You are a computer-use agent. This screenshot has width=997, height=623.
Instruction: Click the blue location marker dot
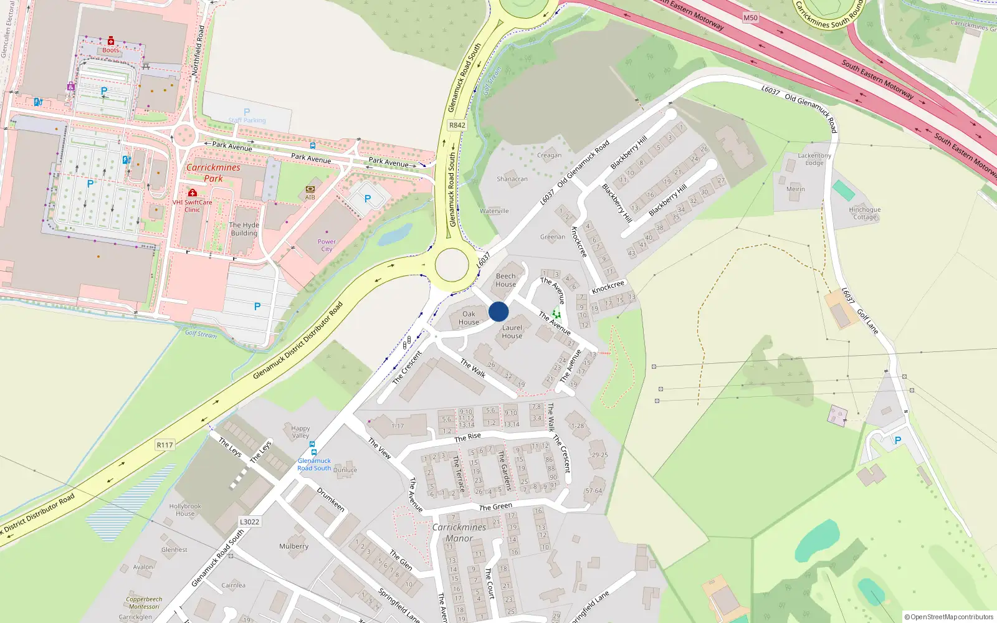[x=499, y=311]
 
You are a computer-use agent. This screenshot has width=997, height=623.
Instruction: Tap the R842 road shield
[x=457, y=125]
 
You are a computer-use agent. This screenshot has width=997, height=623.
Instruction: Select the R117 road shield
[x=165, y=445]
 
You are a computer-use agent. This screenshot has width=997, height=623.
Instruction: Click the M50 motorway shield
[x=750, y=17]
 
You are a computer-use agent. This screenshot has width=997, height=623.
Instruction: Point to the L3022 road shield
[x=249, y=522]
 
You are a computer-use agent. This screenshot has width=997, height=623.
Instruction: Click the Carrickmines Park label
[x=213, y=173]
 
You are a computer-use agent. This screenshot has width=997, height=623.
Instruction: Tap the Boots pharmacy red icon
[x=111, y=40]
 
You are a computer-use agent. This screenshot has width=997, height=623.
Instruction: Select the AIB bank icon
[x=310, y=189]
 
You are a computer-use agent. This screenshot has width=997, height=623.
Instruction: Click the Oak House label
[x=469, y=318]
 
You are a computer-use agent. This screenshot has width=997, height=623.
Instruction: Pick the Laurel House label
[x=512, y=332]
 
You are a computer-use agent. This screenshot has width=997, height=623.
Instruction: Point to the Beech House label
[x=506, y=280]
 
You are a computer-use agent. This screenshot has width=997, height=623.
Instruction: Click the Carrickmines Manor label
[x=459, y=533]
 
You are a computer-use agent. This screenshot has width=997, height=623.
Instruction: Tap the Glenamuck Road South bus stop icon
[x=313, y=452]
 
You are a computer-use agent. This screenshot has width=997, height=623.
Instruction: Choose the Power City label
[x=327, y=245]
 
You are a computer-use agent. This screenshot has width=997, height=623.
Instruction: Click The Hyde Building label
[x=244, y=229]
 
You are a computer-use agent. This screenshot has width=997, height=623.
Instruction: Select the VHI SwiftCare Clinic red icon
[x=193, y=193]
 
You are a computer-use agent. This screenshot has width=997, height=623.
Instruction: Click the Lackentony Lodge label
[x=814, y=159]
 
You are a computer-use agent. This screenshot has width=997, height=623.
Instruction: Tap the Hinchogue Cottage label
[x=865, y=214]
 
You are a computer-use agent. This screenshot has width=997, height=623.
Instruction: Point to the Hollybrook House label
[x=185, y=510]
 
